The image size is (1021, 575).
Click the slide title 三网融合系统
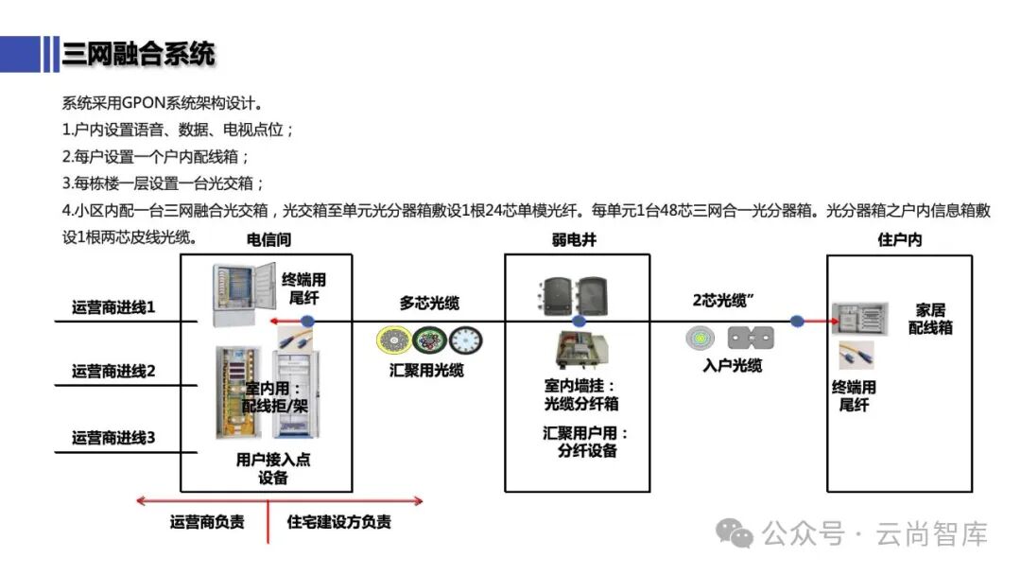click(138, 54)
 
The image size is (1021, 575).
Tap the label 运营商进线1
click(113, 308)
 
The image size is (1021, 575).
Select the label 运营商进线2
click(113, 371)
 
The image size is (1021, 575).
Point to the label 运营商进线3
click(113, 438)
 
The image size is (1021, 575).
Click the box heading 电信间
click(269, 240)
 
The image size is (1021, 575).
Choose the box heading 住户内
click(899, 240)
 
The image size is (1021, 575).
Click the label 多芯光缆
click(429, 303)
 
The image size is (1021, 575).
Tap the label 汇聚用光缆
click(426, 371)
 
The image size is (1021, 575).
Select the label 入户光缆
click(732, 365)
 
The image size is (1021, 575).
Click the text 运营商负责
click(207, 522)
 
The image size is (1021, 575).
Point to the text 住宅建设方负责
click(339, 522)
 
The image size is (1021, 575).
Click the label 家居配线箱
click(930, 319)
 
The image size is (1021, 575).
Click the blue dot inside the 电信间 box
click(307, 322)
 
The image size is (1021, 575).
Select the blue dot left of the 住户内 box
click(797, 322)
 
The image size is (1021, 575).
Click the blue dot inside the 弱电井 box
click(580, 322)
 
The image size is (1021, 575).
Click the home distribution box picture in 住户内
click(860, 320)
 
